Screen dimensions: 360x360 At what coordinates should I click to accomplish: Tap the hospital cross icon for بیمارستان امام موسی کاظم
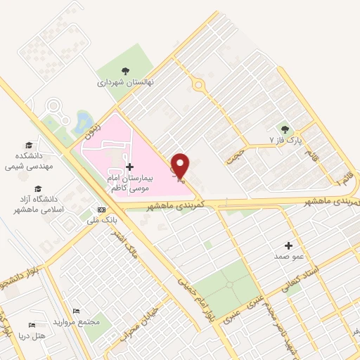129,167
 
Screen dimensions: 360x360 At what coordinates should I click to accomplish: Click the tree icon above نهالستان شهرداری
125,71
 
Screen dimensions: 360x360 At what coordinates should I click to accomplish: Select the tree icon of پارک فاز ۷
285,129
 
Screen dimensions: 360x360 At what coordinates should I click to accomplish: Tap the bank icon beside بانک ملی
101,210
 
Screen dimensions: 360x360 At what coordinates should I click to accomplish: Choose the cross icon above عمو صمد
288,245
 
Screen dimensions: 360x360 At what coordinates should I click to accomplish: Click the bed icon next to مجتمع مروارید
77,311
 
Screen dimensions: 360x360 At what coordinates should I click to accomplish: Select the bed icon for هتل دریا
31,325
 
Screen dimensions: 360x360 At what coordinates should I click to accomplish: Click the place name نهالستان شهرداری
125,82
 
